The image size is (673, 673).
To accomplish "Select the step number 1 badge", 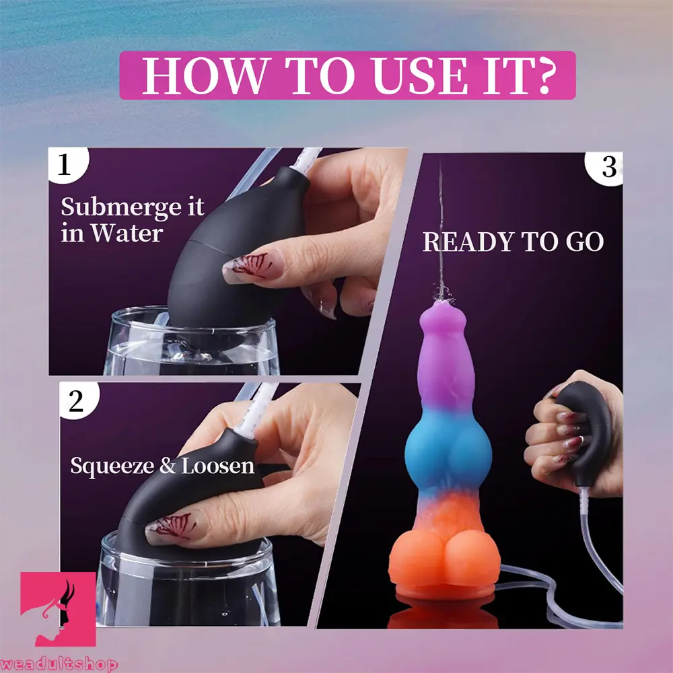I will [65, 165].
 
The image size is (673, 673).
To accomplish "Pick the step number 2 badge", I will [75, 401].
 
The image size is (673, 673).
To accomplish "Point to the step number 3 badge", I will [608, 167].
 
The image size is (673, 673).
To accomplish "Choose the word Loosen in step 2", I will [217, 465].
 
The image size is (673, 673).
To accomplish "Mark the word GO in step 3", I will [583, 242].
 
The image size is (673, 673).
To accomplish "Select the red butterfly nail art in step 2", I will [172, 524].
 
